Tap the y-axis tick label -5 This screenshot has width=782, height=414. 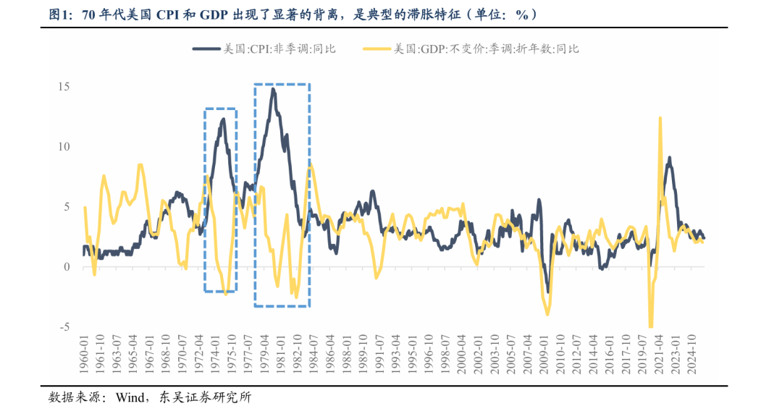pos(64,327)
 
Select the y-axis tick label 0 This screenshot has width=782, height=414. pos(66,267)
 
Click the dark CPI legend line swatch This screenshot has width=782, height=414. pos(206,48)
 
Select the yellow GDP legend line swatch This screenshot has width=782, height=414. pos(377,48)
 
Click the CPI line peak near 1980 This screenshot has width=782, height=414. pos(273,89)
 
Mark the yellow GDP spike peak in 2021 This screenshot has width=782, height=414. pos(660,117)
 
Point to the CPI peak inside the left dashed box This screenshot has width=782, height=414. pos(223,119)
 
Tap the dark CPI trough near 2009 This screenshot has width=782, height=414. pos(547,292)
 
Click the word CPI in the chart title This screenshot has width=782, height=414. pos(171,14)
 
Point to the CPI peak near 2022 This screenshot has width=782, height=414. pos(669,158)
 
